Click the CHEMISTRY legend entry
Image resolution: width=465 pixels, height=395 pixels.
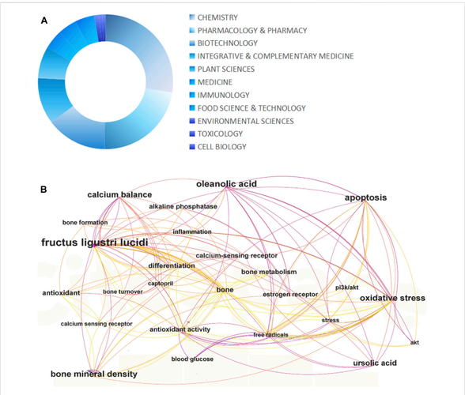(x=217, y=17)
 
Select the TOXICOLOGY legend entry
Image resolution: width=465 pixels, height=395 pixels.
(x=220, y=134)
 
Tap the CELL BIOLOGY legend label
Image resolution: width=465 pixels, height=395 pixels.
(x=221, y=147)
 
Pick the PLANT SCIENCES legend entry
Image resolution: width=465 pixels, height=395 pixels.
(x=226, y=69)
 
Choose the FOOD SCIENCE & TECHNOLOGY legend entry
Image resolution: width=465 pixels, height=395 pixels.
(x=251, y=108)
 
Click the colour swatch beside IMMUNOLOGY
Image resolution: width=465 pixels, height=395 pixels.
(x=192, y=95)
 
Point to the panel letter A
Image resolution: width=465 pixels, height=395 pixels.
(x=44, y=21)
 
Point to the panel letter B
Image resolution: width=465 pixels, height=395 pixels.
(x=43, y=190)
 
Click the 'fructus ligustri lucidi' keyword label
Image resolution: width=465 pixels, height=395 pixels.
(x=95, y=243)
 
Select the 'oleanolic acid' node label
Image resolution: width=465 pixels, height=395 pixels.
(x=226, y=184)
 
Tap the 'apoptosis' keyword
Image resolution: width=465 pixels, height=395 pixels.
(x=365, y=197)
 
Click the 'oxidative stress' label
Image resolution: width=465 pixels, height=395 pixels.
(x=392, y=298)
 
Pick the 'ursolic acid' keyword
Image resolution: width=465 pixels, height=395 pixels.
(x=375, y=363)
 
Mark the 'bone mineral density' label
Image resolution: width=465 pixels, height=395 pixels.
(x=94, y=374)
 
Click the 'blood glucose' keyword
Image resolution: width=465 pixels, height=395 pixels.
(x=192, y=359)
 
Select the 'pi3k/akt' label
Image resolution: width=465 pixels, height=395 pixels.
(x=347, y=288)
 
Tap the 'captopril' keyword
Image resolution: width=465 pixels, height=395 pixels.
(x=161, y=284)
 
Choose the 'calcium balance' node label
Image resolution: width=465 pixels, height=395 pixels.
(x=119, y=194)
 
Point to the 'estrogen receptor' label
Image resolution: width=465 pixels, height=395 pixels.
(x=290, y=295)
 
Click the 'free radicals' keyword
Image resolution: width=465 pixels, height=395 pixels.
(x=270, y=335)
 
